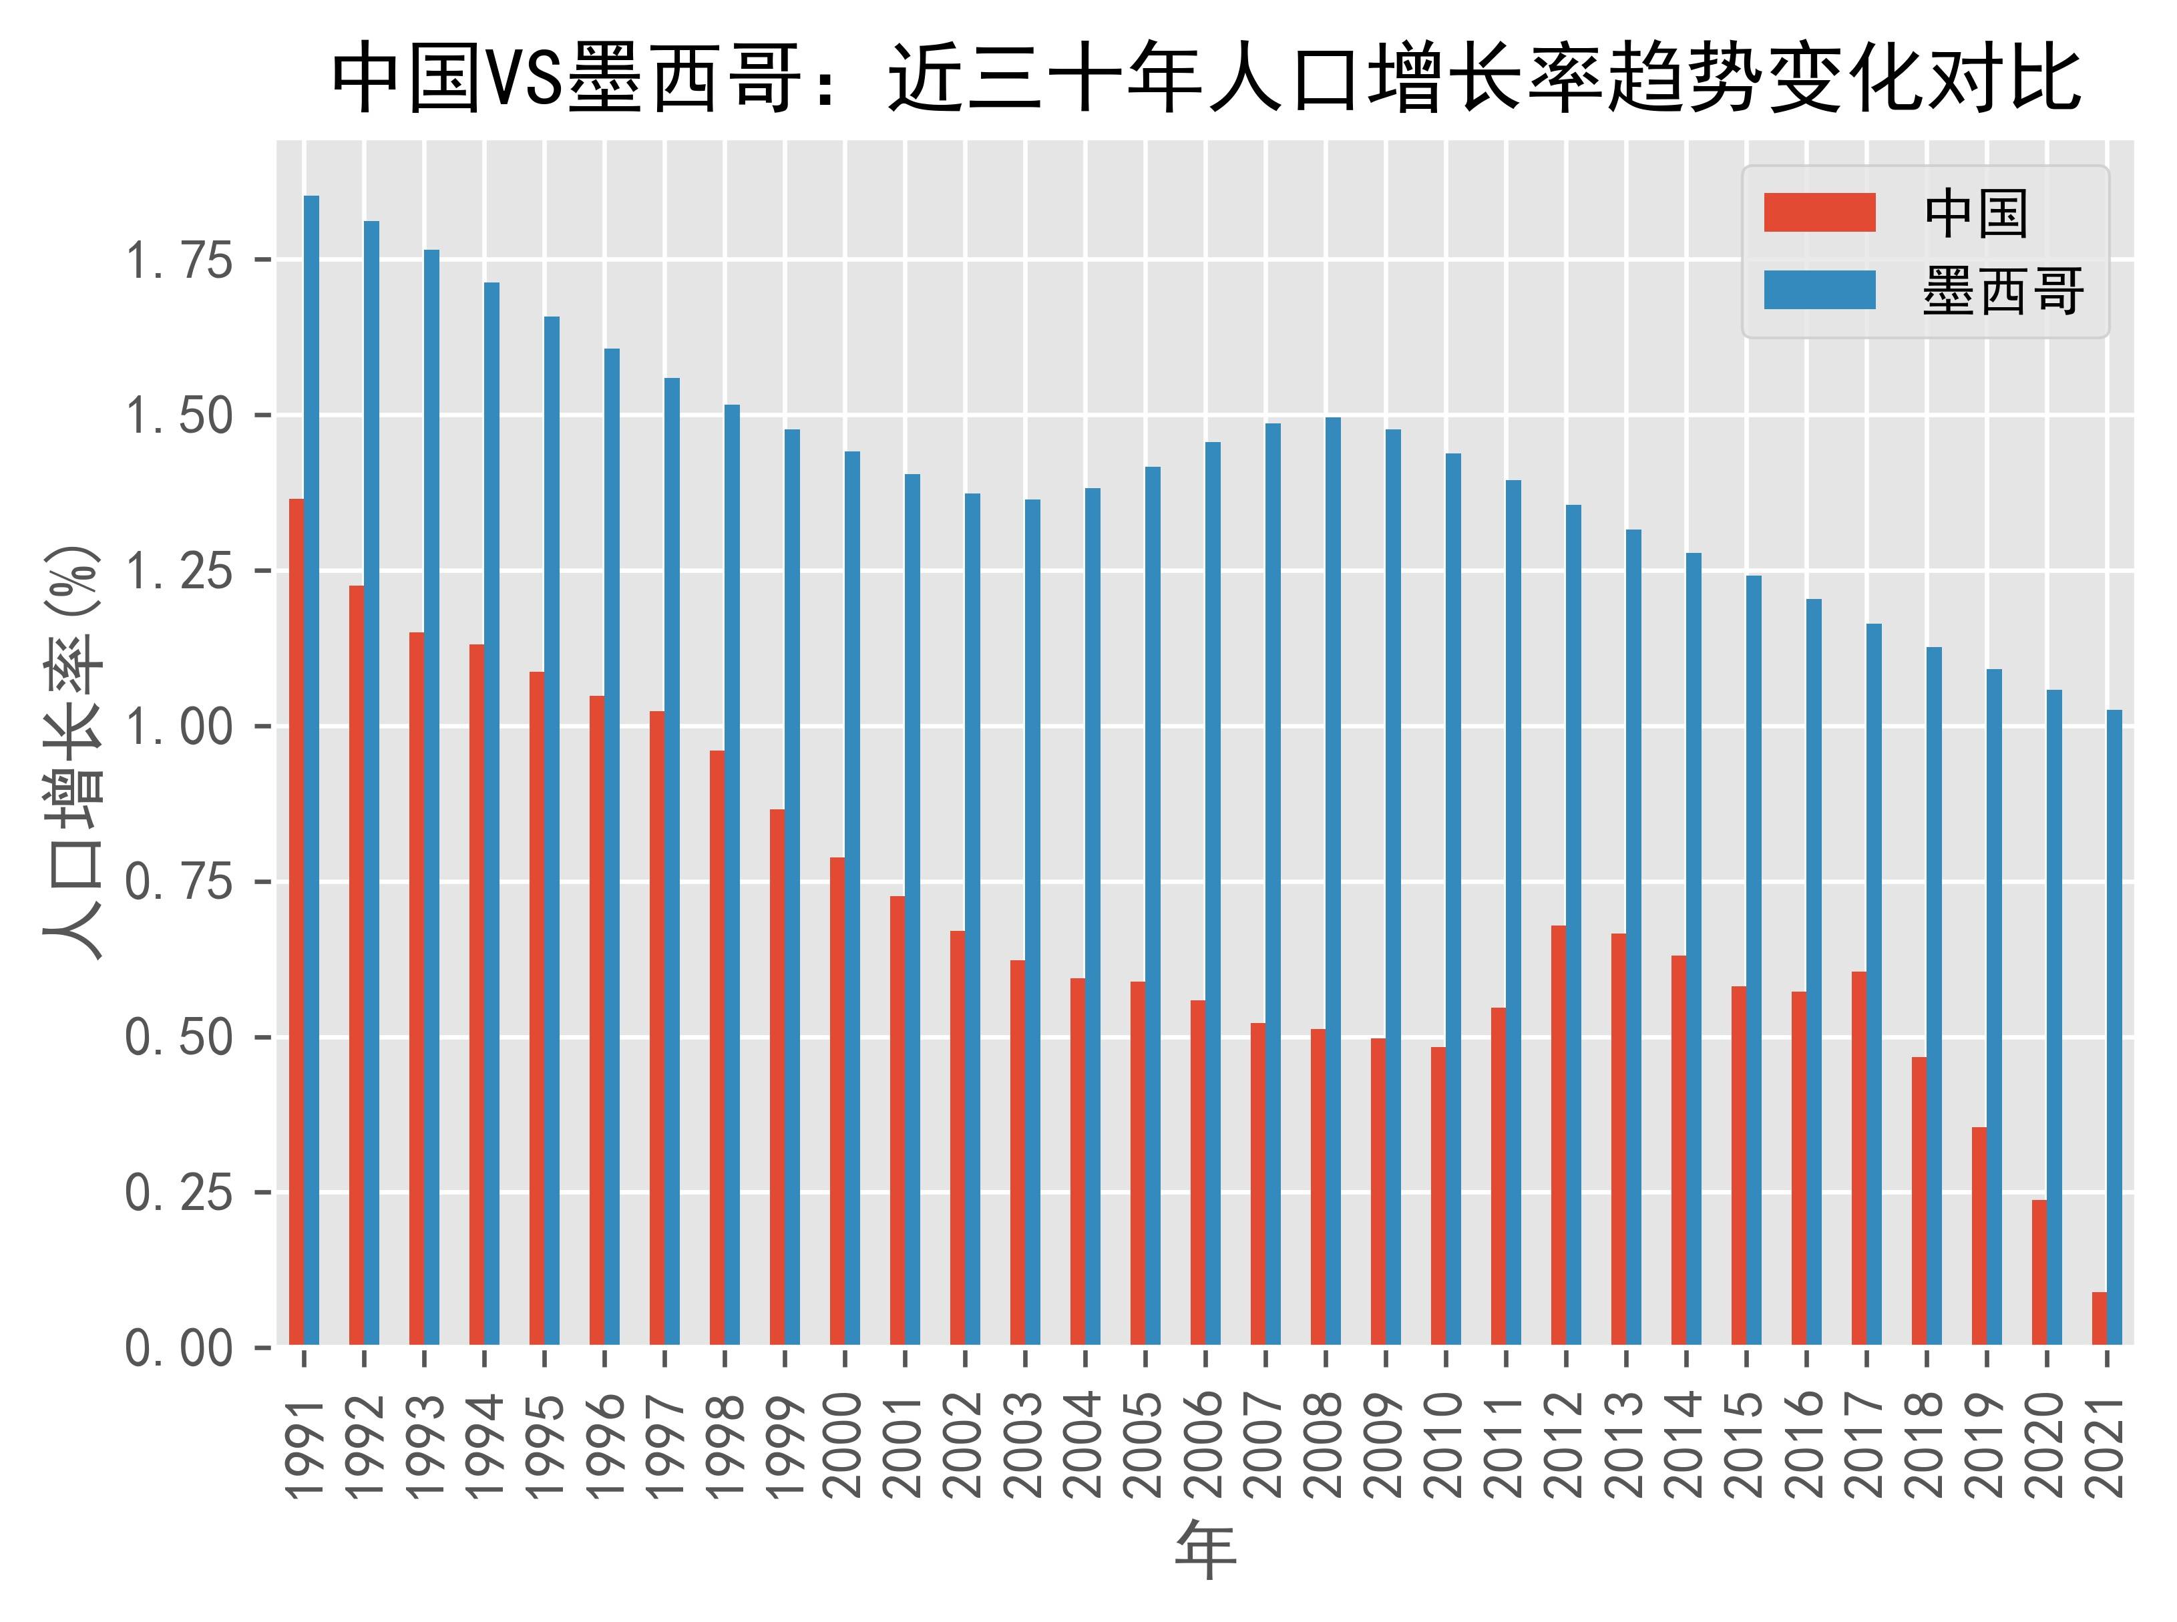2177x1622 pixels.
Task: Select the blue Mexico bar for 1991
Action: tap(311, 770)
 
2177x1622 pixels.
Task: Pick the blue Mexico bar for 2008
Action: tap(1332, 881)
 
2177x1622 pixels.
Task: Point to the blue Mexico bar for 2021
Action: tap(2114, 1027)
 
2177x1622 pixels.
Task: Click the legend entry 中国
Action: tap(1975, 213)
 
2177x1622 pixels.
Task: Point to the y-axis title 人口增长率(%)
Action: tap(73, 751)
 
